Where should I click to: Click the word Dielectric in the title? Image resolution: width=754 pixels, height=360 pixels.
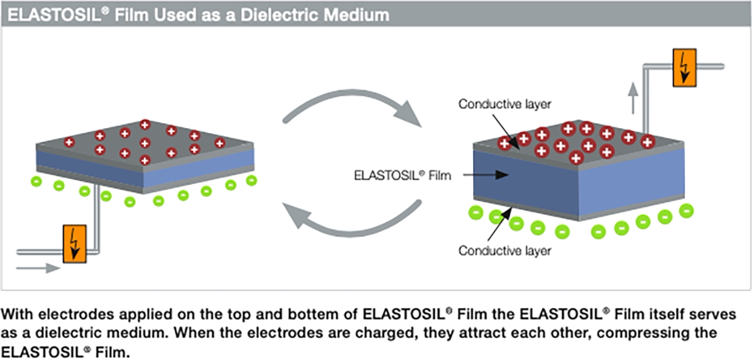[x=284, y=15]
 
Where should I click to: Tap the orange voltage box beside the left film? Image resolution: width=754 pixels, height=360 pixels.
[x=75, y=244]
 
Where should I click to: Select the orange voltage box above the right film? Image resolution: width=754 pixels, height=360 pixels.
[x=685, y=68]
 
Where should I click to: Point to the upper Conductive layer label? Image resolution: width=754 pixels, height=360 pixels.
[x=505, y=104]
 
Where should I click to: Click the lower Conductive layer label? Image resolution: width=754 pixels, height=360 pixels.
[x=505, y=251]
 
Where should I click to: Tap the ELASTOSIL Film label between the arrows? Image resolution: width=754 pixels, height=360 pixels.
[x=402, y=175]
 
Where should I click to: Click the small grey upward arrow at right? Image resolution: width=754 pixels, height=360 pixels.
[x=633, y=98]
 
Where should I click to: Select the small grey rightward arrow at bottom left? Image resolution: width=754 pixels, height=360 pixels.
[x=38, y=268]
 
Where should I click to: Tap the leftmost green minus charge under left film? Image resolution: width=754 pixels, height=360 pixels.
[x=36, y=182]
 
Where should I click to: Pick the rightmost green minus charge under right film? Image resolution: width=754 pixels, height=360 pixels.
[x=686, y=211]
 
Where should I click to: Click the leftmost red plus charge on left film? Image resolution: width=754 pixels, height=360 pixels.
[x=69, y=143]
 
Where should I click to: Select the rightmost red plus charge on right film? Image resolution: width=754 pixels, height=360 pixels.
[x=648, y=142]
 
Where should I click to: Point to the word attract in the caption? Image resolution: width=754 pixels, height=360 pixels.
[x=484, y=333]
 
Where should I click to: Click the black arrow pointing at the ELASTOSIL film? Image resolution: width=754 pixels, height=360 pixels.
[x=486, y=175]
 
